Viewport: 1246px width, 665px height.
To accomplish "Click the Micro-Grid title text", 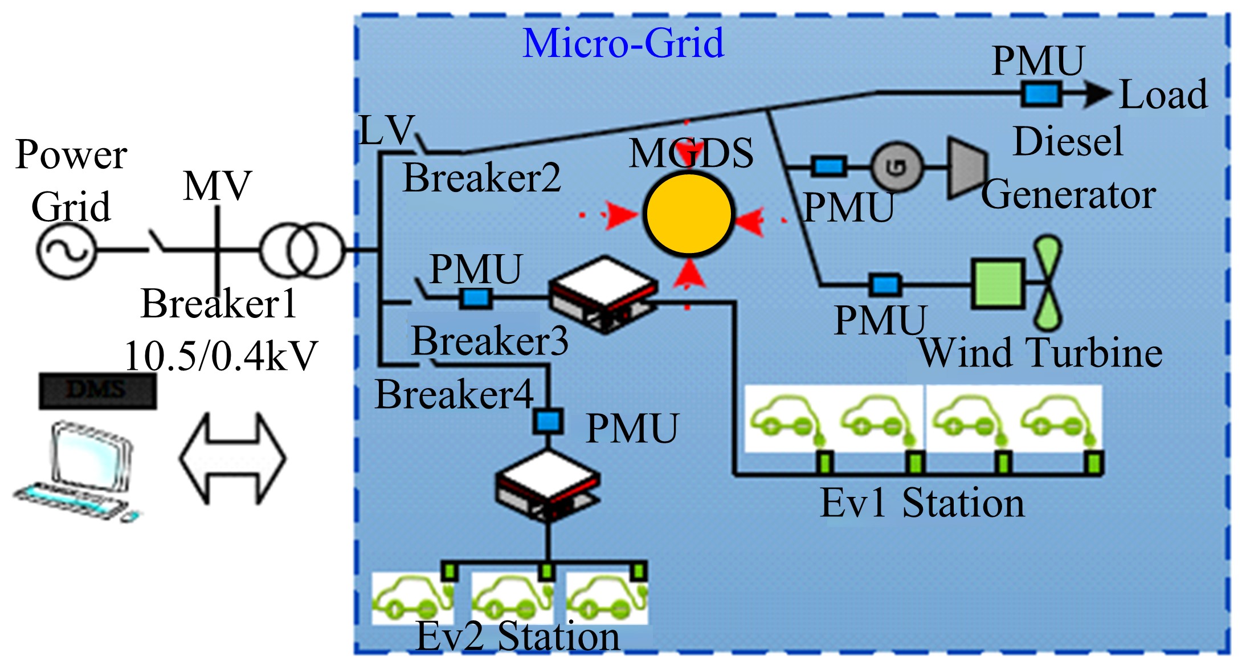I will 623,43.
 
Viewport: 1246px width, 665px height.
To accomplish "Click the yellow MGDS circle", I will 688,214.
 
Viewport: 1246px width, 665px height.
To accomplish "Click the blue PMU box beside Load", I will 1041,94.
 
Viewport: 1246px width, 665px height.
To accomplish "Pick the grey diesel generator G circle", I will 896,167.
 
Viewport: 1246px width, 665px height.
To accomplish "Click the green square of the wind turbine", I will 998,283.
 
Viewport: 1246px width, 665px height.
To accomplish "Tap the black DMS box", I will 97,391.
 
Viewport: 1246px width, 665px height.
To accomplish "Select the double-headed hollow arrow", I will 232,459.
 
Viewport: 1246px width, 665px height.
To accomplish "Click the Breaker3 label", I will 490,341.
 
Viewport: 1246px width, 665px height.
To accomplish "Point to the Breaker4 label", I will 454,394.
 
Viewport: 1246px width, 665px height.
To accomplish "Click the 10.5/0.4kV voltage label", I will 221,356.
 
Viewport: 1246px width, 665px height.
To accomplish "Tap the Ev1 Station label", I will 922,503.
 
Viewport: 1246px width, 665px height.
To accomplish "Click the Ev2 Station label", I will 517,636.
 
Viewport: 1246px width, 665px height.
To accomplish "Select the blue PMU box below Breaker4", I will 548,421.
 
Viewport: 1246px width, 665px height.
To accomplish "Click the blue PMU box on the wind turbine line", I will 885,284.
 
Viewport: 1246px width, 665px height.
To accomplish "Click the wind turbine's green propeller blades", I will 1048,283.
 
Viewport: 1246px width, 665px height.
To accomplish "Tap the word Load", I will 1163,94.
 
